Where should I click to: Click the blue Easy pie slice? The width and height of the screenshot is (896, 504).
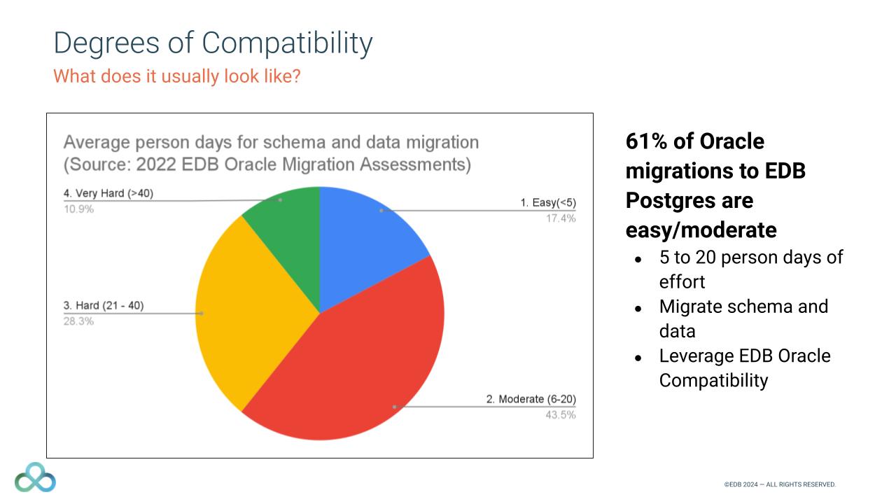pos(364,238)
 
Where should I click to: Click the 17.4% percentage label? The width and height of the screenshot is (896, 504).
pos(561,218)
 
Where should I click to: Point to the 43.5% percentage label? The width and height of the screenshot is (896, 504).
pos(561,415)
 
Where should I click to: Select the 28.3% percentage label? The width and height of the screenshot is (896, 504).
pos(78,321)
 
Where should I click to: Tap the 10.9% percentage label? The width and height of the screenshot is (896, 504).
pos(78,209)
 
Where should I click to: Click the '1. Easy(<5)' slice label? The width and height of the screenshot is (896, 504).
pos(547,203)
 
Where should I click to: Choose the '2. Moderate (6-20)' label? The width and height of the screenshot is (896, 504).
pos(531,400)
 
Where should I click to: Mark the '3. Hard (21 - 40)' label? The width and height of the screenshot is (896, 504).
pos(104,306)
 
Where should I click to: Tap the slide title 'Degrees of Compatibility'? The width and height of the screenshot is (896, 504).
pos(213,43)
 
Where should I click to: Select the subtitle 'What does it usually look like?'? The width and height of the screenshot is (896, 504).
pos(177,76)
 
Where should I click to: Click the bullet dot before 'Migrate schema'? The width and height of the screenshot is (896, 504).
pos(638,308)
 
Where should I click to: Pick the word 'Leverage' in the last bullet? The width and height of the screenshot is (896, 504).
pos(696,356)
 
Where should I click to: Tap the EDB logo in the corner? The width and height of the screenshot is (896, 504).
pos(35,477)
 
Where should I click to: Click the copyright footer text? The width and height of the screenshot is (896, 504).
pos(780,484)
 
